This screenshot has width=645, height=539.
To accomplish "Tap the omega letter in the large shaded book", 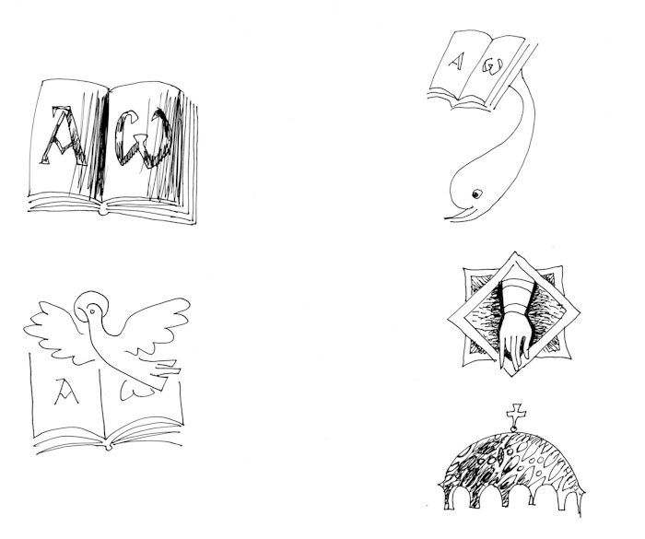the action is (143, 138).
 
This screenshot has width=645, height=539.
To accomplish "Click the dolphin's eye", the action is (476, 193).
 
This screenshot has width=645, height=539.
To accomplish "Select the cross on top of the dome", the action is (516, 416).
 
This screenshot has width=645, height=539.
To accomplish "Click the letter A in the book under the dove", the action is (65, 392).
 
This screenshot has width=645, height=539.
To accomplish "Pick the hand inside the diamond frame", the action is (514, 344).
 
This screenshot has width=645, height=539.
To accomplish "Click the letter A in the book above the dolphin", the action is (455, 62).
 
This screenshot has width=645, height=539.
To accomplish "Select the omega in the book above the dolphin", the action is (492, 66).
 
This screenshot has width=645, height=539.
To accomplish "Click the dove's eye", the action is (92, 311).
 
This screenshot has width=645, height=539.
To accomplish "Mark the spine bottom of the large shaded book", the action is (102, 211).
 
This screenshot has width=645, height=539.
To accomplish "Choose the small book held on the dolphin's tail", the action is (480, 71).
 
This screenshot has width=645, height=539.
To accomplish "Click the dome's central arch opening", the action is (513, 498).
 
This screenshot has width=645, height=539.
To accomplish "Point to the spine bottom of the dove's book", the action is (108, 447).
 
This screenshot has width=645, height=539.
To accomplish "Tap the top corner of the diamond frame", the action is (514, 252).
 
